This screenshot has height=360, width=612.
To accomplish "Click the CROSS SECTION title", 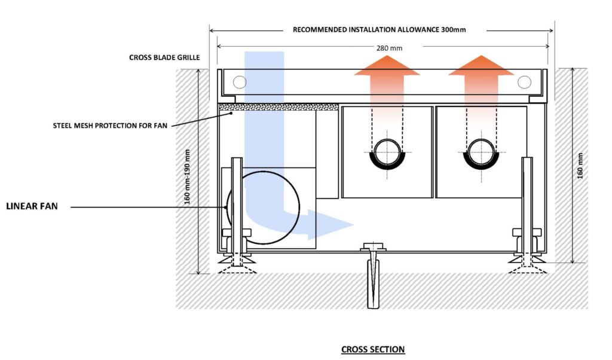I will tap(372, 349).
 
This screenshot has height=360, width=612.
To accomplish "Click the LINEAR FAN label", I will tap(32, 207).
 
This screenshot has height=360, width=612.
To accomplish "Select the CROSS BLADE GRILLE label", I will tap(164, 58).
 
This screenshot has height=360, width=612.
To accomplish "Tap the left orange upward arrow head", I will tap(387, 65).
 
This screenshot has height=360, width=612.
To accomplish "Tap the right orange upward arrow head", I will tap(481, 65).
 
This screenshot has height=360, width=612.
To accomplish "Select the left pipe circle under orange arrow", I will tap(387, 152).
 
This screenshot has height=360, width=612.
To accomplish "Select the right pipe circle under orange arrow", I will tap(481, 152).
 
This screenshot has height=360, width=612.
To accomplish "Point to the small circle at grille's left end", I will tap(240, 83).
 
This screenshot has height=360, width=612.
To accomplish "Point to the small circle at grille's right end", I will tap(524, 83).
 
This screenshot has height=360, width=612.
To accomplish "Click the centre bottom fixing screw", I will tap(374, 275).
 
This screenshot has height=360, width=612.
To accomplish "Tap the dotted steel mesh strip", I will tap(279, 107).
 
